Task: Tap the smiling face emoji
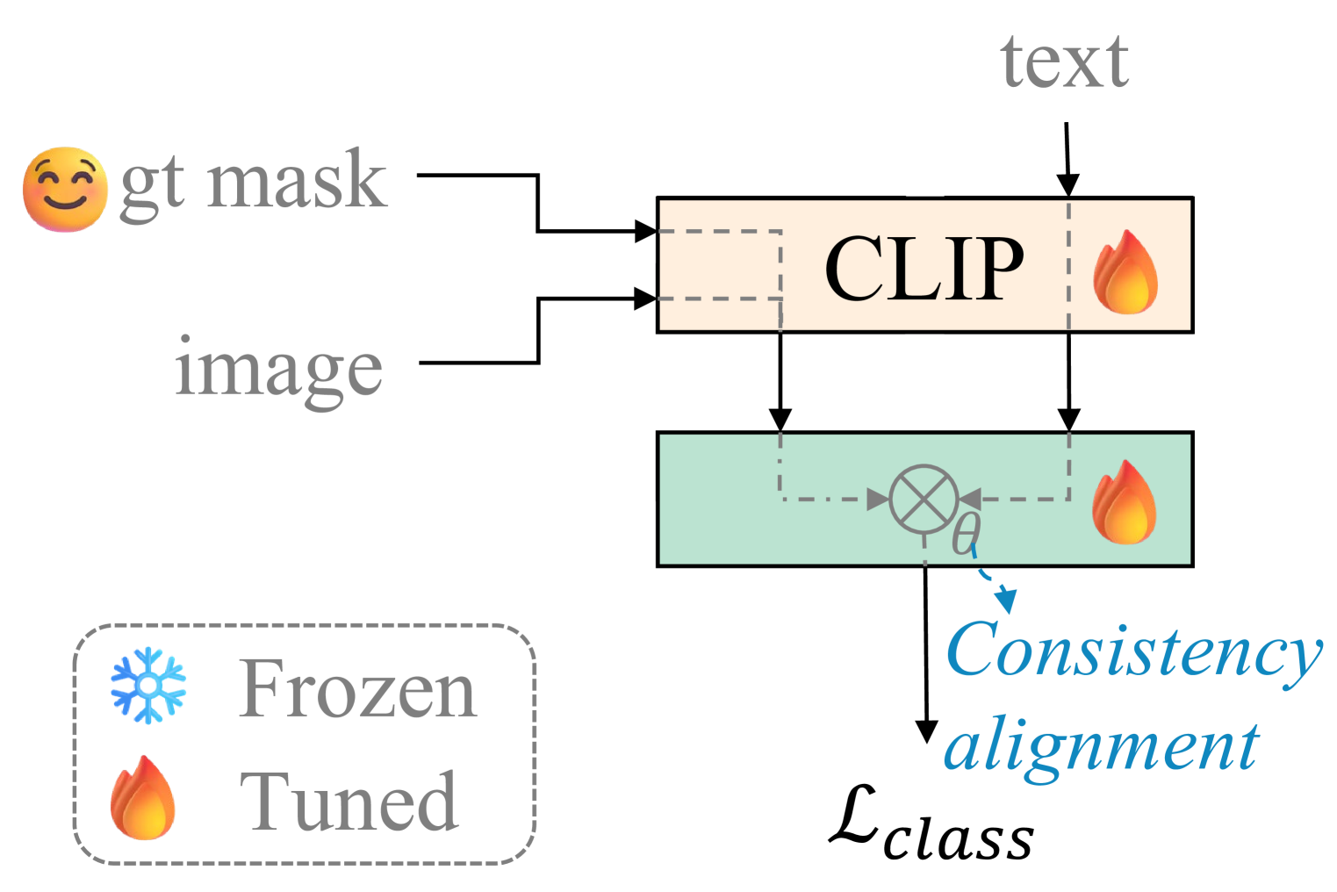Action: (64, 190)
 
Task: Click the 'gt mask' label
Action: (253, 183)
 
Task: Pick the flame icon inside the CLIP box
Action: (1125, 272)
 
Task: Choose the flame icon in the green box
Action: (1124, 502)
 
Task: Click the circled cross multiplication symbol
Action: (924, 499)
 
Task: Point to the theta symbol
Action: (967, 533)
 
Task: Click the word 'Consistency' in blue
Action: (1132, 651)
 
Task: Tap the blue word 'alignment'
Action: (1102, 746)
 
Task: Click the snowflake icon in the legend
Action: (148, 685)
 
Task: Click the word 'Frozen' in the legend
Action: (357, 690)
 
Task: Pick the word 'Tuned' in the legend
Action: (349, 801)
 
